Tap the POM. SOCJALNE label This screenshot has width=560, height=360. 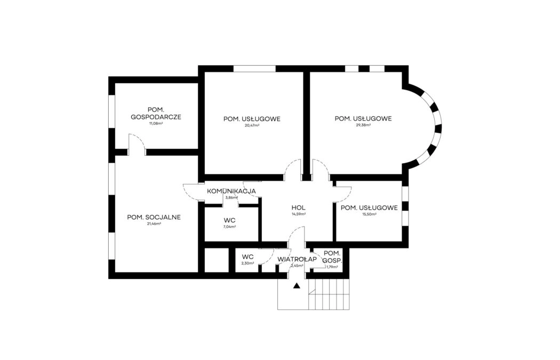154,217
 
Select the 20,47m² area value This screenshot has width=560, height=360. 252,125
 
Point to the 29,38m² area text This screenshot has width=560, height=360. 363,125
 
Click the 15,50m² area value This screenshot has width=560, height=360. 369,214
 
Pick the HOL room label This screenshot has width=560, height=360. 298,207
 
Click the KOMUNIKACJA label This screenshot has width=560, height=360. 231,191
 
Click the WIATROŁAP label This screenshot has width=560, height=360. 297,259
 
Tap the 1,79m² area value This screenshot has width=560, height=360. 332,267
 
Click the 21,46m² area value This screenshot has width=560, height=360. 154,224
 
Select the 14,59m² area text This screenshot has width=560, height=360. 298,214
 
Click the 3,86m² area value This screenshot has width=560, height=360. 231,197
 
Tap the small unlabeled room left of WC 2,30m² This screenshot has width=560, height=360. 215,261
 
